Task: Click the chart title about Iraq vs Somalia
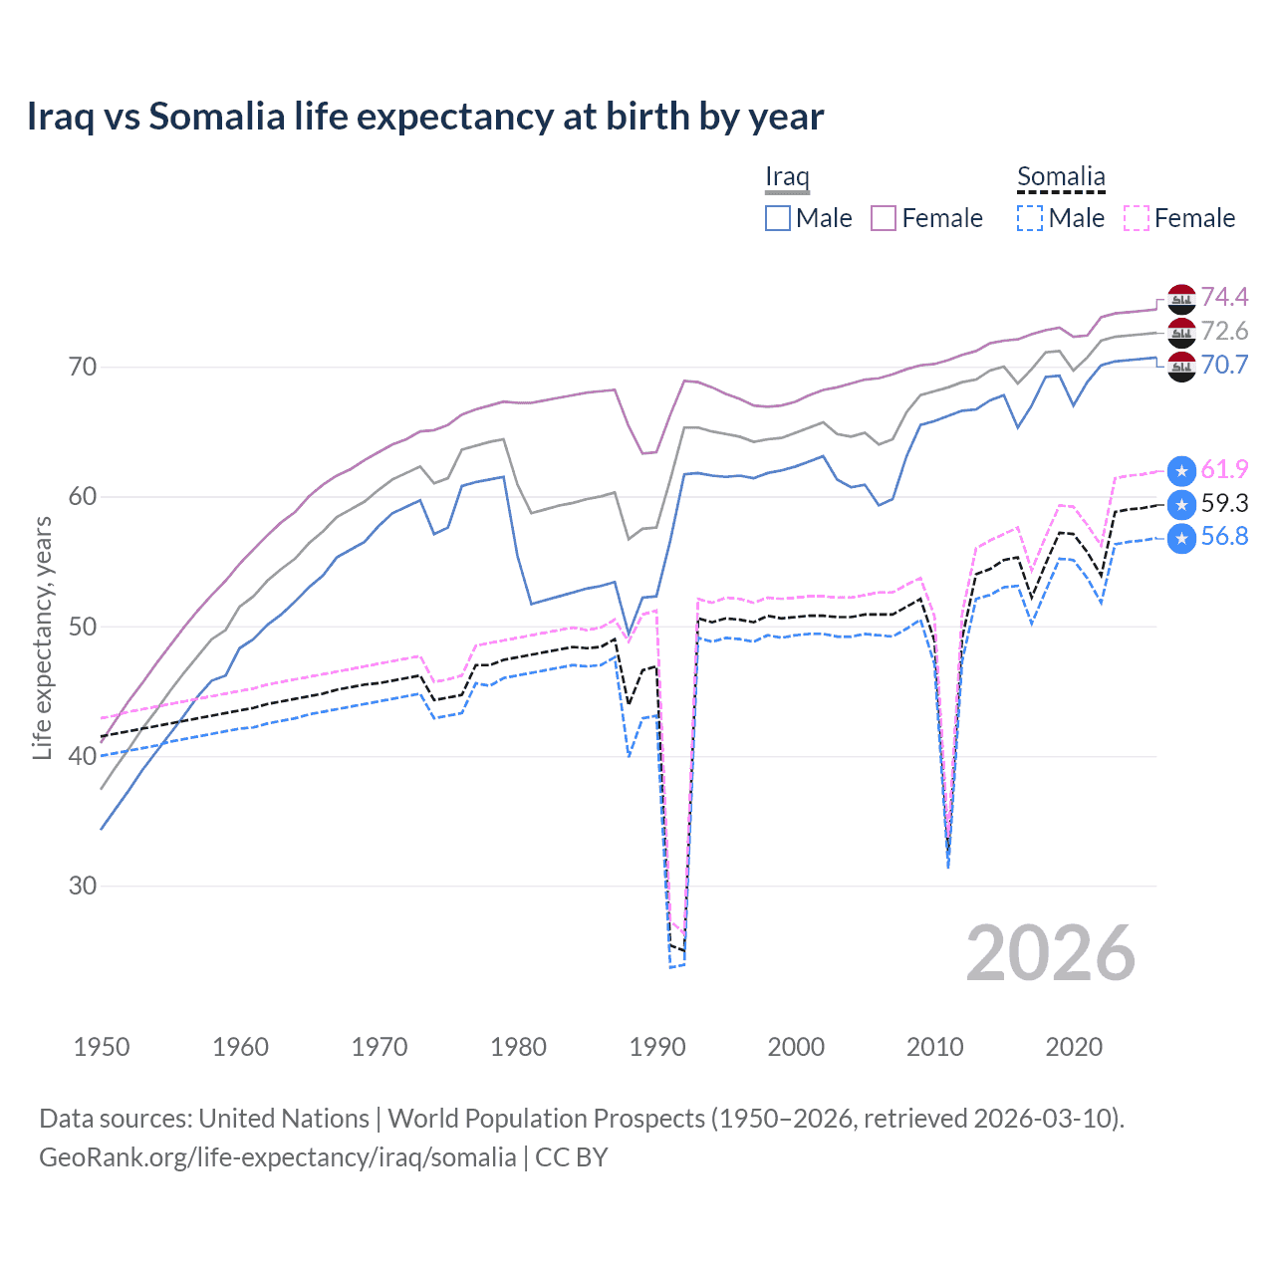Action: pyautogui.click(x=424, y=117)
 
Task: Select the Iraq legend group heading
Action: pyautogui.click(x=787, y=177)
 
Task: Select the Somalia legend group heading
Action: pyautogui.click(x=1061, y=177)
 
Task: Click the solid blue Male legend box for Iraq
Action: pyautogui.click(x=778, y=218)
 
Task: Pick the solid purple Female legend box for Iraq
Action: pyautogui.click(x=884, y=218)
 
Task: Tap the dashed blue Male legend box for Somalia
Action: pyautogui.click(x=1030, y=218)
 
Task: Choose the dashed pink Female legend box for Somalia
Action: pyautogui.click(x=1137, y=218)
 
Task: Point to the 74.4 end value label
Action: pyautogui.click(x=1224, y=297)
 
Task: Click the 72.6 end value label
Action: pyautogui.click(x=1224, y=331)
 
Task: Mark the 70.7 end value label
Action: pyautogui.click(x=1224, y=365)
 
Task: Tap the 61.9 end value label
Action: pyautogui.click(x=1224, y=469)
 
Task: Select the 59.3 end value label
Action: pyautogui.click(x=1224, y=503)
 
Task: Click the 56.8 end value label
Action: pyautogui.click(x=1224, y=537)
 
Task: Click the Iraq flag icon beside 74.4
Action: pyautogui.click(x=1181, y=298)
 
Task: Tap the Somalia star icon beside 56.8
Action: pyautogui.click(x=1181, y=538)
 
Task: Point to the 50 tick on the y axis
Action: pyautogui.click(x=83, y=627)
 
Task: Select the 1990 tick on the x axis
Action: pyautogui.click(x=657, y=1047)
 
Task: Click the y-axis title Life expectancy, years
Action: pyautogui.click(x=42, y=637)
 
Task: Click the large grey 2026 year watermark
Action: pyautogui.click(x=1050, y=953)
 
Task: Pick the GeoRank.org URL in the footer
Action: pyautogui.click(x=277, y=1157)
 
